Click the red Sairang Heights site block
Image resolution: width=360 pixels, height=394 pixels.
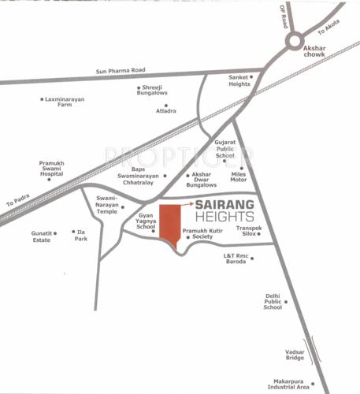168,221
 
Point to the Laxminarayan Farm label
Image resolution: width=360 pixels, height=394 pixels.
65,102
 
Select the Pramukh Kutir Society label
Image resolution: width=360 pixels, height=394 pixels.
204,234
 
